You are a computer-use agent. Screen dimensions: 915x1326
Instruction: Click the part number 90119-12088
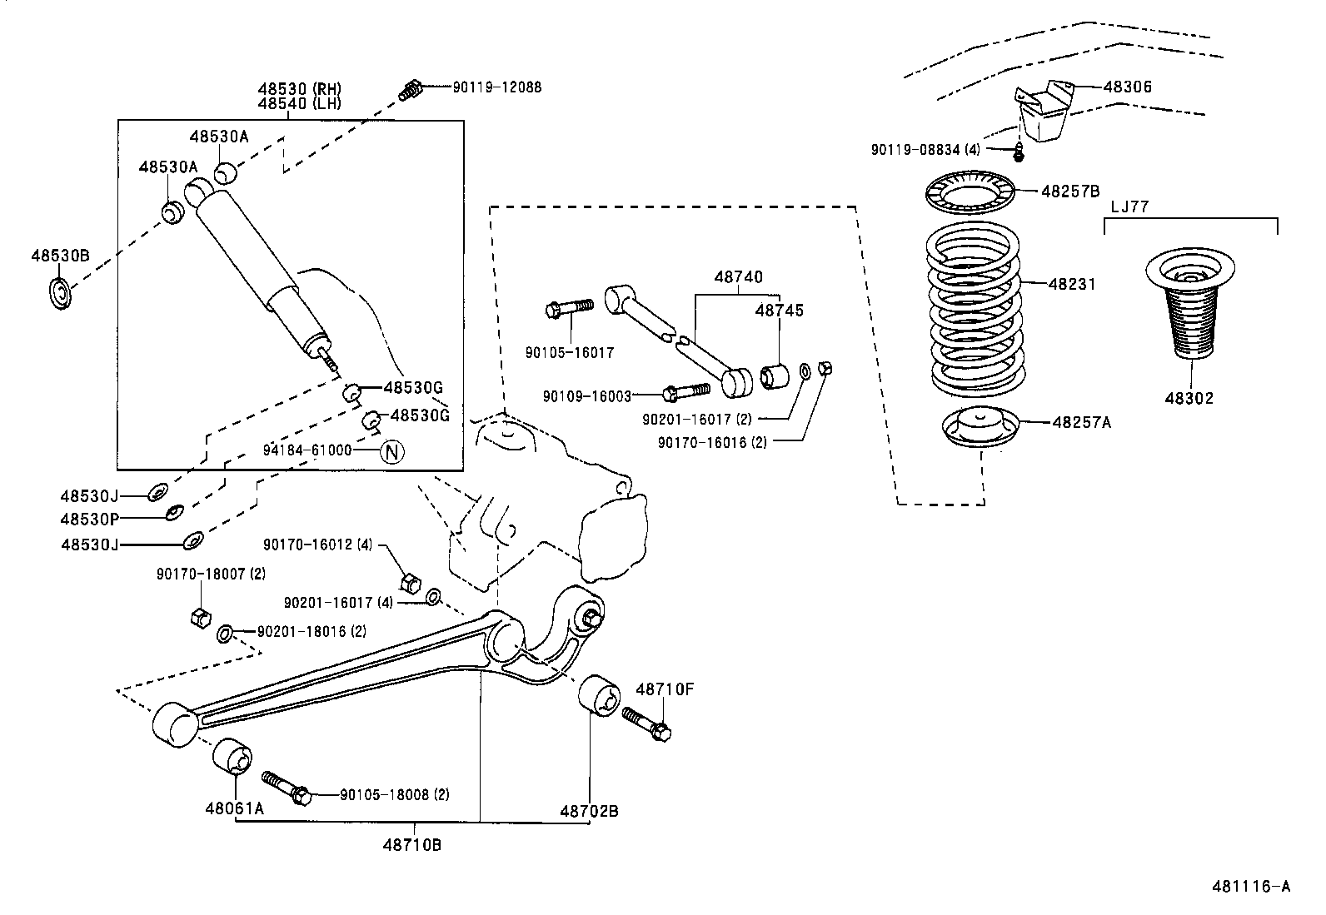pos(497,87)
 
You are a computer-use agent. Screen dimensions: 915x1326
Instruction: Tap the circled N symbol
pos(392,451)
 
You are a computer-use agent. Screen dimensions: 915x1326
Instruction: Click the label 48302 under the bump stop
pos(1189,398)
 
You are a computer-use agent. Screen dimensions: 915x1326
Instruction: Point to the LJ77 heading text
pos(1129,206)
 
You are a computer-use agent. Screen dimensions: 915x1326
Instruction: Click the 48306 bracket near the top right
pos(1043,110)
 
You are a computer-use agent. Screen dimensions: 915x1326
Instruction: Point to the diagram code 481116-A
pos(1250,887)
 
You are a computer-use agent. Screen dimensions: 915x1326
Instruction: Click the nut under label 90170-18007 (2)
pos(198,618)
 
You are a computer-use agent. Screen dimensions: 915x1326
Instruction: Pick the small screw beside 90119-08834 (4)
pos(1018,154)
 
